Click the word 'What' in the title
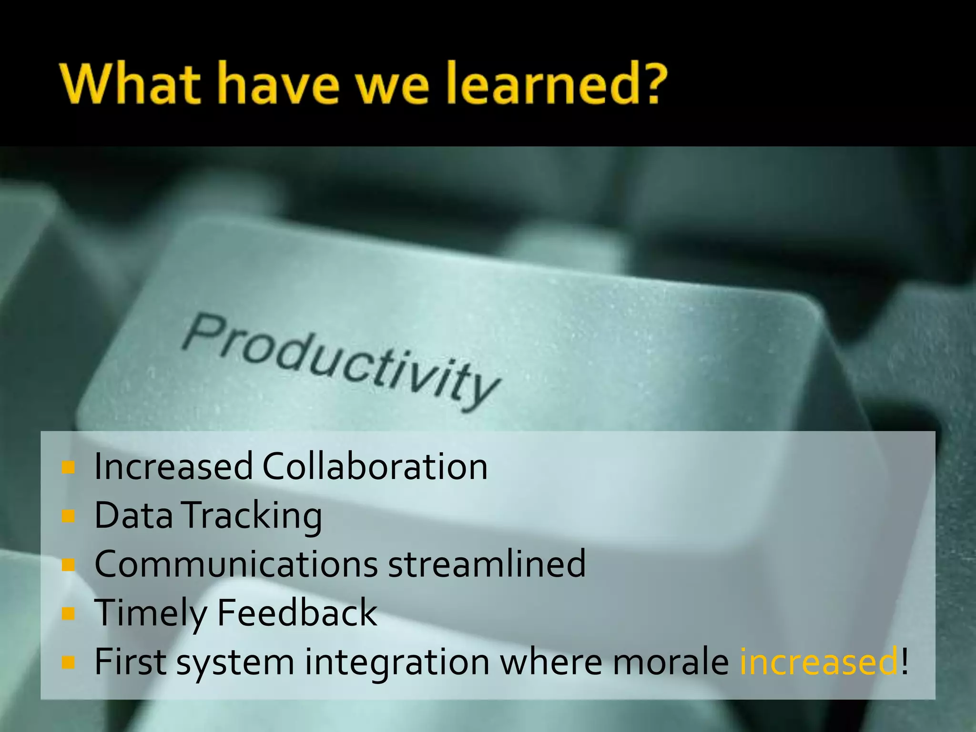(x=130, y=84)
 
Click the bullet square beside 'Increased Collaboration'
(x=69, y=468)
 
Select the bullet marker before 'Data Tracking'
(x=69, y=516)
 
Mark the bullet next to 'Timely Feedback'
(x=69, y=613)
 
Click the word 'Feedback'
(x=297, y=612)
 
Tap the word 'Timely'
(x=150, y=613)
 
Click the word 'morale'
(x=671, y=661)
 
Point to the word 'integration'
(x=397, y=661)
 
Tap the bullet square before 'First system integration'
(x=69, y=662)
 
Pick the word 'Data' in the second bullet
(x=133, y=515)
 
